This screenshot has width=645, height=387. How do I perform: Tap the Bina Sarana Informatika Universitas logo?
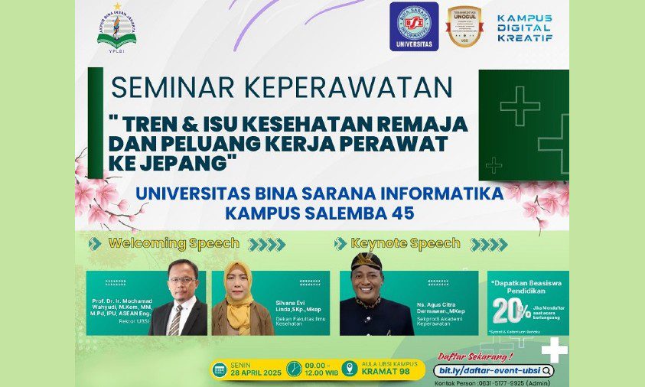[414, 26]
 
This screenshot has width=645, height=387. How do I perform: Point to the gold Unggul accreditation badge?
[464, 26]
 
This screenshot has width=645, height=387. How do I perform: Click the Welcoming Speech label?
[174, 244]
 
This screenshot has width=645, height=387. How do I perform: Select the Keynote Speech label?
[406, 244]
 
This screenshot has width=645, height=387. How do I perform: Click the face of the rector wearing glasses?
[182, 279]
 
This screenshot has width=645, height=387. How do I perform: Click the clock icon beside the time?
[294, 369]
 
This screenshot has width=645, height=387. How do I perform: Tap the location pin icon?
[350, 369]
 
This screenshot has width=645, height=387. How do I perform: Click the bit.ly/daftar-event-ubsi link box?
[494, 370]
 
